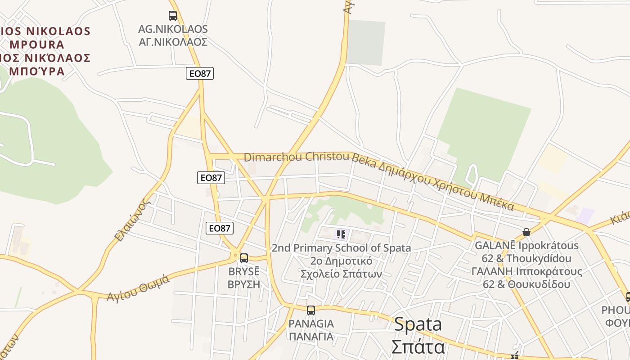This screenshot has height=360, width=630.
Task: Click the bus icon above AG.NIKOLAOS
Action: pyautogui.click(x=173, y=16)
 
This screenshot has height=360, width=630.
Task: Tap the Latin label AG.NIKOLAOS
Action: pyautogui.click(x=173, y=29)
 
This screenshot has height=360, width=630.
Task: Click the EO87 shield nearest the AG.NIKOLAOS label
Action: pyautogui.click(x=200, y=73)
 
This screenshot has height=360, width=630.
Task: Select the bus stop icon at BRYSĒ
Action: pyautogui.click(x=244, y=258)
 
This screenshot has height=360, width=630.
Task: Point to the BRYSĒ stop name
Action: pyautogui.click(x=244, y=272)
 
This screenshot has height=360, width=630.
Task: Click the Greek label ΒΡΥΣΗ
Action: pyautogui.click(x=244, y=284)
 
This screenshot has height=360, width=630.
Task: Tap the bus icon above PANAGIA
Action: pyautogui.click(x=311, y=310)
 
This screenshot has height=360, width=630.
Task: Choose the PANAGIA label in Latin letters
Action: pyautogui.click(x=311, y=324)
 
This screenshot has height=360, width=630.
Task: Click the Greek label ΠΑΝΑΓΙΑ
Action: pyautogui.click(x=311, y=337)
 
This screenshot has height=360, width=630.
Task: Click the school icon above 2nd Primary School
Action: pyautogui.click(x=341, y=234)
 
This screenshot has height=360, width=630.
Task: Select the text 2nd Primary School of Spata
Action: pyautogui.click(x=341, y=248)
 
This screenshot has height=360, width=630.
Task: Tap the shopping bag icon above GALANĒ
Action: pyautogui.click(x=526, y=232)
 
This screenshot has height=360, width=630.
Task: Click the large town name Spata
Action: pyautogui.click(x=418, y=324)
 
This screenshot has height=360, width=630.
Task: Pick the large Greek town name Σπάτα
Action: pyautogui.click(x=418, y=347)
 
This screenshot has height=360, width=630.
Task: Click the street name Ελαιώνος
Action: pyautogui.click(x=131, y=220)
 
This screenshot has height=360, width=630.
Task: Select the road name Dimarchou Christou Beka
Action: pyautogui.click(x=297, y=157)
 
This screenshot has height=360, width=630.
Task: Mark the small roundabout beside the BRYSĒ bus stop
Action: pyautogui.click(x=234, y=255)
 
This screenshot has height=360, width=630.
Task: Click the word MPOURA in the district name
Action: pyautogui.click(x=37, y=45)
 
